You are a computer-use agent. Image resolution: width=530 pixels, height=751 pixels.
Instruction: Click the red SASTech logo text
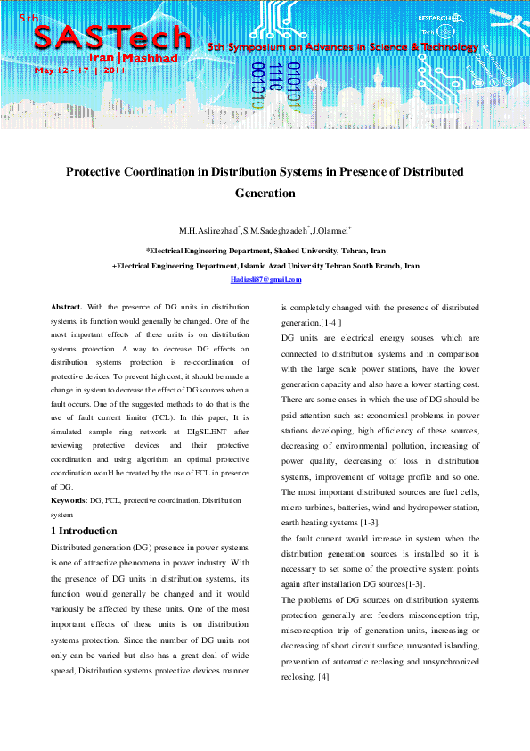pos(111,37)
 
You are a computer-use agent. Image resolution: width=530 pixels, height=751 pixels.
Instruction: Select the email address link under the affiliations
pos(265,279)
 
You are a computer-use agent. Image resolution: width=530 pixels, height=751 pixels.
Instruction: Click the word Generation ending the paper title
pos(265,192)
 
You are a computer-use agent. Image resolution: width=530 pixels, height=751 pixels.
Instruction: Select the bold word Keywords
pos(69,502)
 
